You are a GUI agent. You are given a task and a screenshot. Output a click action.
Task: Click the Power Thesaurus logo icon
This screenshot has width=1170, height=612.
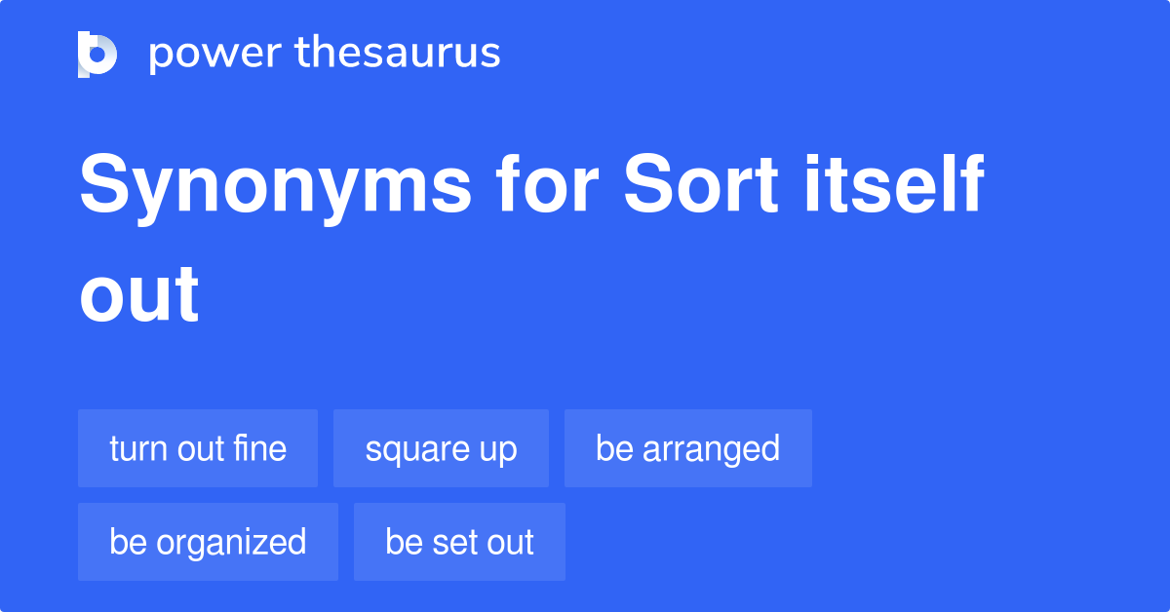point(97,54)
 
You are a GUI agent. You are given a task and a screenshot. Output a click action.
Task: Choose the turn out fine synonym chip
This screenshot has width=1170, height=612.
point(198,448)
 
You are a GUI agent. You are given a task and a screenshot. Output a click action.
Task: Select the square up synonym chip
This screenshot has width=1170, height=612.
point(441,448)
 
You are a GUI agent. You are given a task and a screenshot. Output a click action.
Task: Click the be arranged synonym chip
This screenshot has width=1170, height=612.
point(687,448)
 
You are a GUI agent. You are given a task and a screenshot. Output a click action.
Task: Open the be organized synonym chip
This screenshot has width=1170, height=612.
point(208,542)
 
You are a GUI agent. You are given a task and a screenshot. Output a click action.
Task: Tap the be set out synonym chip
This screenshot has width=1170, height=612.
point(459,542)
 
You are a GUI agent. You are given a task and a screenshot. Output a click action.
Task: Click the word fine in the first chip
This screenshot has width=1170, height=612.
point(260,448)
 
